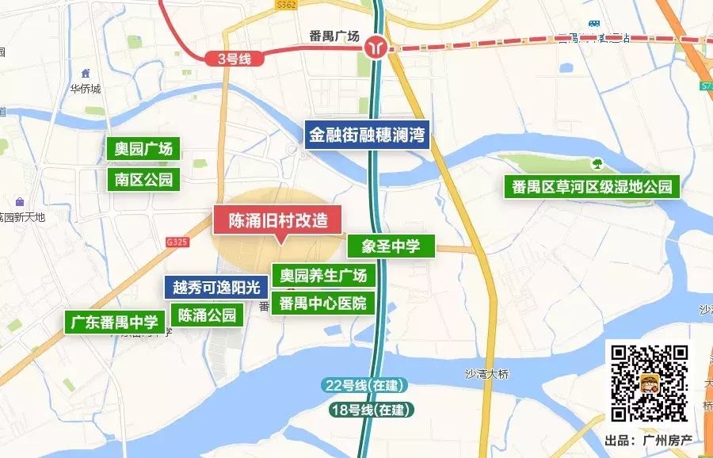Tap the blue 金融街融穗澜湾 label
[368, 133]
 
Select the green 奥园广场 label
[143, 148]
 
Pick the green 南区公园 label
[143, 179]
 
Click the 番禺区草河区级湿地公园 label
[592, 187]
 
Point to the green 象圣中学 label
[391, 246]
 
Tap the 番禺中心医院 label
[323, 303]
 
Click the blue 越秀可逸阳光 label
[216, 287]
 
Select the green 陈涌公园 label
[208, 315]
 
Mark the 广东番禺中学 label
[115, 322]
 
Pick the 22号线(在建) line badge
[364, 386]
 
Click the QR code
[650, 383]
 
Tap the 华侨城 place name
[86, 89]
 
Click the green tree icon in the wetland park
[597, 164]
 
